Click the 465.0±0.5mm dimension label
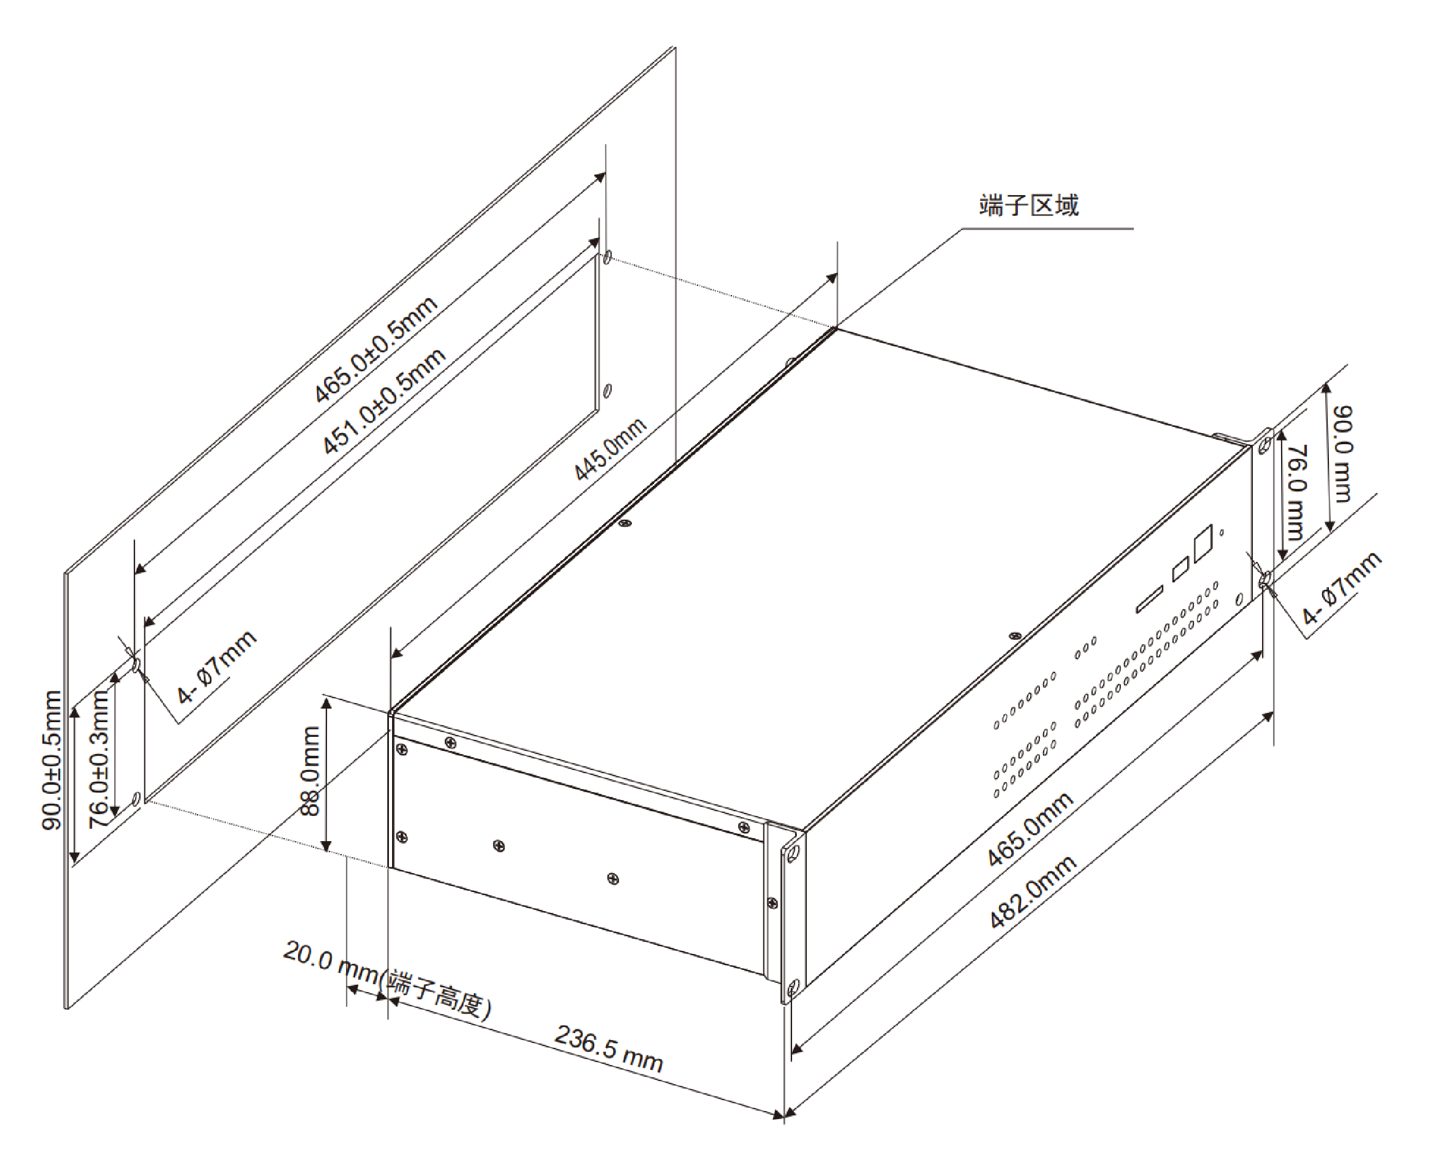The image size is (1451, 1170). [376, 350]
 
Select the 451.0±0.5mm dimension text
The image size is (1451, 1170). [383, 401]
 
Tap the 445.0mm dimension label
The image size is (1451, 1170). [610, 449]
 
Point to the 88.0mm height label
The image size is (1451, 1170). [309, 771]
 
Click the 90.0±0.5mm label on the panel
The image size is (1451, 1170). [52, 760]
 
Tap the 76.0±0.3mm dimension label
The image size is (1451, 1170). [99, 760]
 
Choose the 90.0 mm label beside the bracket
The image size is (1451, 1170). [1342, 453]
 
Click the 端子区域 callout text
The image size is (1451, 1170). [1028, 205]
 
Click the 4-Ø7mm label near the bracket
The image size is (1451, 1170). [1342, 588]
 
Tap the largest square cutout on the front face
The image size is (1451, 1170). [1203, 542]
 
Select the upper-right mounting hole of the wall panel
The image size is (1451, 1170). [607, 258]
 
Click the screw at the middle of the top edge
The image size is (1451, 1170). [626, 523]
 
